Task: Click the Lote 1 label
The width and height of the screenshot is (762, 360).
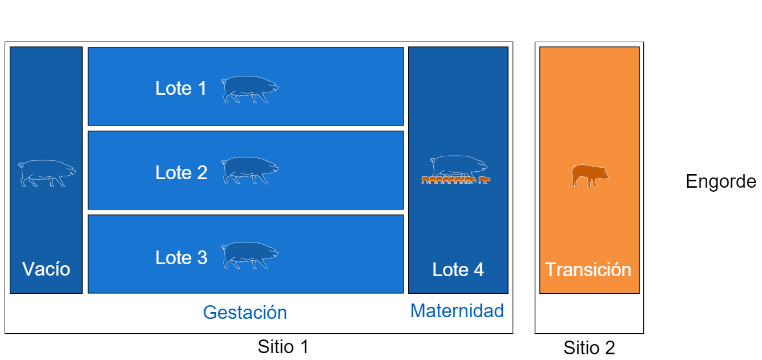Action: pos(180,88)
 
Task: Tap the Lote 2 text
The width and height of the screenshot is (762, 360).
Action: pos(182,173)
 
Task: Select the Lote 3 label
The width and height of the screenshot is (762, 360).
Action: pos(182,257)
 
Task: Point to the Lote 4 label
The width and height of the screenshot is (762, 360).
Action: pos(458,270)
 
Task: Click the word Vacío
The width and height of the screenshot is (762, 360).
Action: pos(46,269)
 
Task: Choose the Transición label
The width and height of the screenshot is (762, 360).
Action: pos(588,270)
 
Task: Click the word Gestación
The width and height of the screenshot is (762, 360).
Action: pos(245,312)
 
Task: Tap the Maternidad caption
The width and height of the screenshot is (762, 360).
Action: pos(457,311)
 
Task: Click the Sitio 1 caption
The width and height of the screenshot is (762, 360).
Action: pos(283,347)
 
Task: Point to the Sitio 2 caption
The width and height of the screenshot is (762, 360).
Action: pos(589,348)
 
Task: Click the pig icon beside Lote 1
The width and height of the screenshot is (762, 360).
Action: pos(249,90)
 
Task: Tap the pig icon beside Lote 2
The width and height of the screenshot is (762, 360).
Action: pos(249,171)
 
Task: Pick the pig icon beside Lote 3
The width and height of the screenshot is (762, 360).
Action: pos(249,256)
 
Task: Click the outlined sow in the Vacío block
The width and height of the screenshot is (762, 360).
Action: pos(47,173)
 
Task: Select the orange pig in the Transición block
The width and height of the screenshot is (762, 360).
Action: pos(590,176)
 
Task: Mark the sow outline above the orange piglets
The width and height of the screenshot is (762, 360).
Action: pos(458,167)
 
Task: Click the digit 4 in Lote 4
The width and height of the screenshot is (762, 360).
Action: pos(479,270)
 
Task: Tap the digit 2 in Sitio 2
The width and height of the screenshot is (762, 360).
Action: pos(610,348)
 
